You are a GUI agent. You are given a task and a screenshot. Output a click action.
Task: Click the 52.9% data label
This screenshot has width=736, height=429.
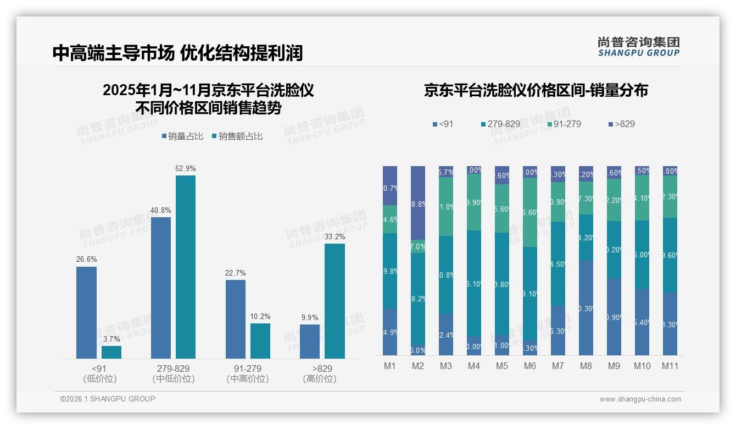point(185,168)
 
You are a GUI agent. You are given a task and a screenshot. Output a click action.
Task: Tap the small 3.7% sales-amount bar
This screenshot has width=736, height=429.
point(111,352)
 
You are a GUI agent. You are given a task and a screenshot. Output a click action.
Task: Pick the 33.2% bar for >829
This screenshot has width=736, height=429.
point(334,301)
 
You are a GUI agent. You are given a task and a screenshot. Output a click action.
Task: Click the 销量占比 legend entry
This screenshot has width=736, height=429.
point(184,136)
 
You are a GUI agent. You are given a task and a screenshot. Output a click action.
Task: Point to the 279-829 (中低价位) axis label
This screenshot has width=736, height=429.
point(173,373)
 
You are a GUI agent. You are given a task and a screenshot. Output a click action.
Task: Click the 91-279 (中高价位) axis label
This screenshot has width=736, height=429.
point(248,373)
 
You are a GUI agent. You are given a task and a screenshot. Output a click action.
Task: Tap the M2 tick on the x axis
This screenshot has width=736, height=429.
point(418,366)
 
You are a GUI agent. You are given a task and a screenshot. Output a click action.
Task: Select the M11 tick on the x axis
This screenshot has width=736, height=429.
point(670,366)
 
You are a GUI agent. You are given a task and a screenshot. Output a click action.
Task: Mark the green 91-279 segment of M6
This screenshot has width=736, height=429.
point(530,212)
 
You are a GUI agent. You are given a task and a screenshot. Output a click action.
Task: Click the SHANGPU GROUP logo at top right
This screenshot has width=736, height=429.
point(638,46)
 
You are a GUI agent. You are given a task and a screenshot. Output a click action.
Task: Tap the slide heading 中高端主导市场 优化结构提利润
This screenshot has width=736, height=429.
point(177,53)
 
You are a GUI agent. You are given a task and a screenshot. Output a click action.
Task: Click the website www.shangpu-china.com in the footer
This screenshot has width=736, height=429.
point(640,399)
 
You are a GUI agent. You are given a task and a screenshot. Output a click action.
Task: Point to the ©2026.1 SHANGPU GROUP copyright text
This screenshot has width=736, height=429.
point(108,399)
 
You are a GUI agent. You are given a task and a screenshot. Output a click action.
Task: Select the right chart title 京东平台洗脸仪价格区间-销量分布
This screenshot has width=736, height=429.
point(536,90)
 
